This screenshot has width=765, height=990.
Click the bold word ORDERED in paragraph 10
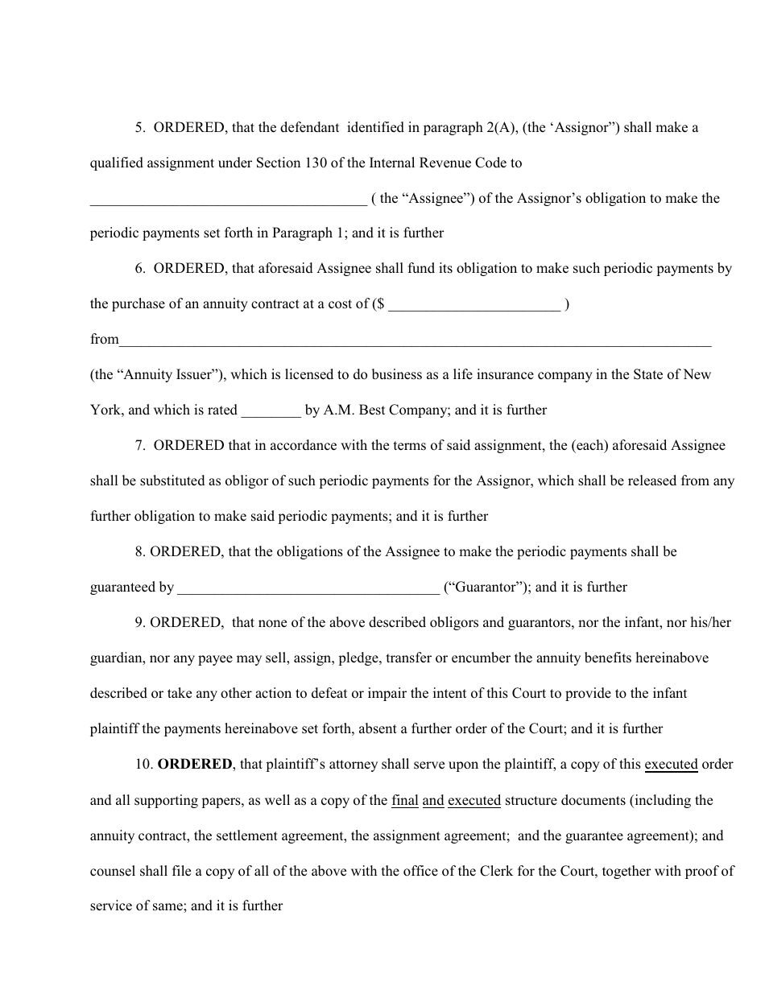194,765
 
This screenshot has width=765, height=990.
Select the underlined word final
404,800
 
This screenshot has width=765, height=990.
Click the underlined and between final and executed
433,800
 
